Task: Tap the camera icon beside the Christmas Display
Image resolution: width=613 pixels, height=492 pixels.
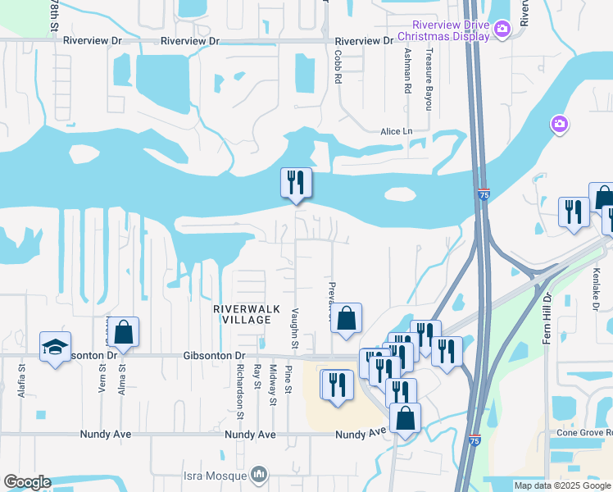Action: pyautogui.click(x=503, y=30)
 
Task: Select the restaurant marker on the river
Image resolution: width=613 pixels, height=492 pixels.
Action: pyautogui.click(x=296, y=183)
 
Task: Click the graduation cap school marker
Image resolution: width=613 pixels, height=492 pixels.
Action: pyautogui.click(x=55, y=347)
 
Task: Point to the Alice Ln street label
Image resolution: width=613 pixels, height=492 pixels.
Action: pyautogui.click(x=396, y=131)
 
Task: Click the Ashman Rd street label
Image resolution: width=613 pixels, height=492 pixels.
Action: pyautogui.click(x=407, y=72)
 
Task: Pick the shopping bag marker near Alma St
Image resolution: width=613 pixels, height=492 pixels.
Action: pyautogui.click(x=124, y=332)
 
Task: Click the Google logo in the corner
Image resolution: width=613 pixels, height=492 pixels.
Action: pyautogui.click(x=27, y=482)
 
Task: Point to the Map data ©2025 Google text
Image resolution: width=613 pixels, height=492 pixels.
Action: pyautogui.click(x=563, y=485)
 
